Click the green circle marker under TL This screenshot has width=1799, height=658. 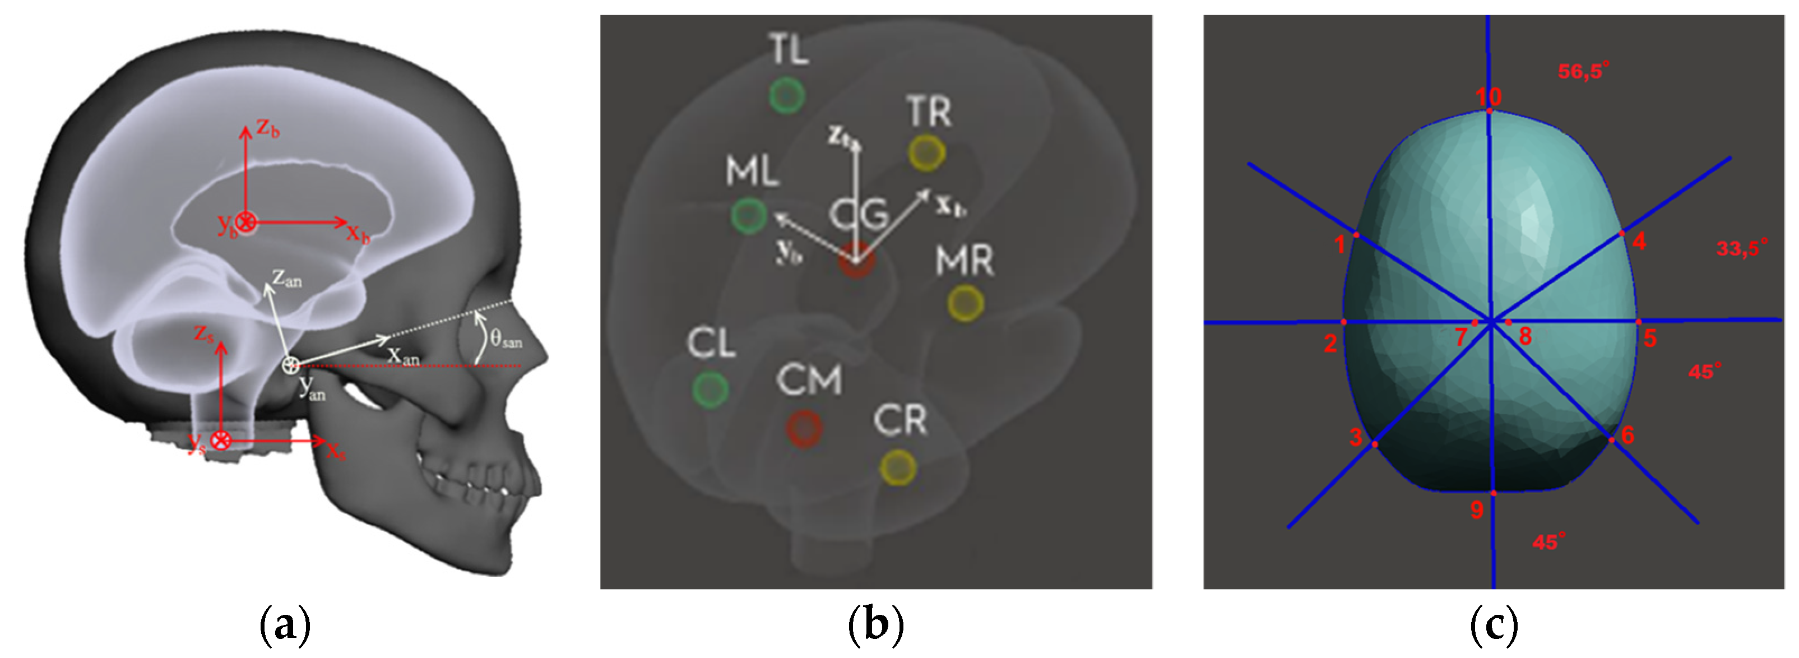pyautogui.click(x=786, y=96)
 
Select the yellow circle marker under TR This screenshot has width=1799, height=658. pyautogui.click(x=927, y=152)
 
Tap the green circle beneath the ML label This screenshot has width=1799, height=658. pyautogui.click(x=749, y=215)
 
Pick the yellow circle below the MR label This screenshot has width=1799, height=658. pyautogui.click(x=966, y=303)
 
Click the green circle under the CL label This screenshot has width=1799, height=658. pyautogui.click(x=710, y=389)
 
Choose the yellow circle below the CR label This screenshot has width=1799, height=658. pyautogui.click(x=898, y=467)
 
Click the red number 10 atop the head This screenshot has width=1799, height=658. pyautogui.click(x=1488, y=96)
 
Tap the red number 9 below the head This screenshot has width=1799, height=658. pyautogui.click(x=1476, y=510)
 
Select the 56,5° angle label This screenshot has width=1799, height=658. pyautogui.click(x=1583, y=71)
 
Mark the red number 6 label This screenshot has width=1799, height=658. pyautogui.click(x=1628, y=435)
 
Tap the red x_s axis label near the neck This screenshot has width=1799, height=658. pyautogui.click(x=336, y=451)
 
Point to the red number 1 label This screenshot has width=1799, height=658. pyautogui.click(x=1339, y=244)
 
